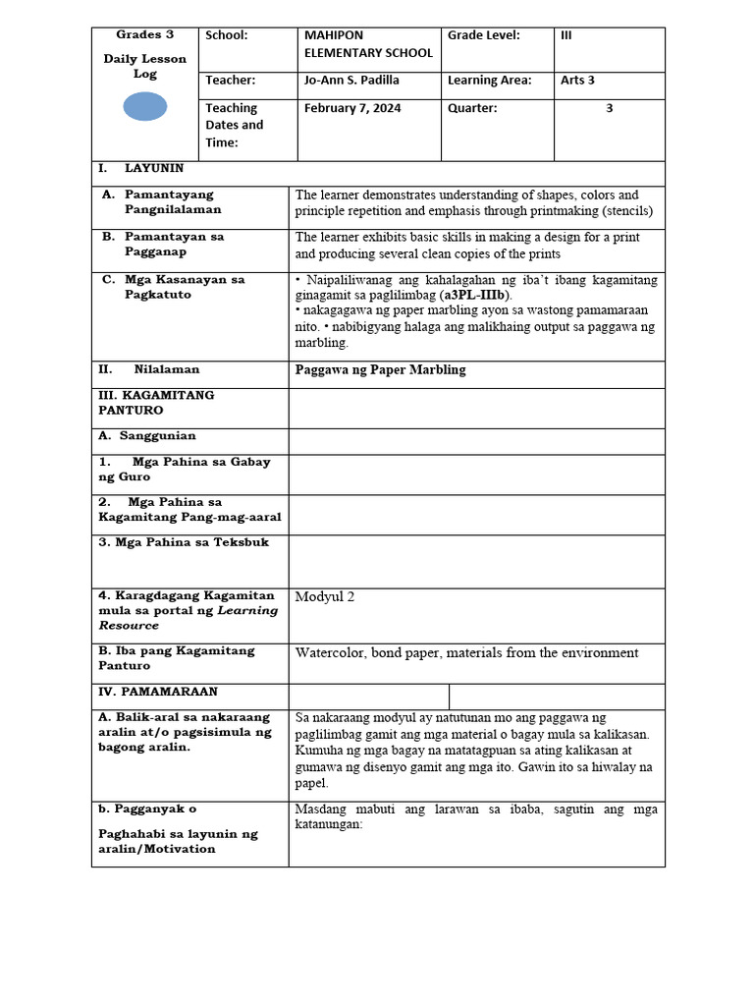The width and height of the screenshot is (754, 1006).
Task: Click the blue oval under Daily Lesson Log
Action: (x=144, y=105)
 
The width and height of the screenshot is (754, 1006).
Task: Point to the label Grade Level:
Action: (x=483, y=35)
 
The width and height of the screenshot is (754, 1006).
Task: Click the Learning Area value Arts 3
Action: (x=577, y=81)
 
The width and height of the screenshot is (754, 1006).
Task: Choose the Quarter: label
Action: (x=472, y=108)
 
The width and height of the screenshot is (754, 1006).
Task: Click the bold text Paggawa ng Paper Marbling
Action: (x=380, y=370)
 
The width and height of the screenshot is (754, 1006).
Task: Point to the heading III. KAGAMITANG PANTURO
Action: (x=156, y=403)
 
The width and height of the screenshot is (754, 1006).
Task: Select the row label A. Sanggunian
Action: (x=151, y=435)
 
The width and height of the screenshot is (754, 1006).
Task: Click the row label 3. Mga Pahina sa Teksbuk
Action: (x=184, y=542)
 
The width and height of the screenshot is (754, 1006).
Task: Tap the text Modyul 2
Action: (x=325, y=597)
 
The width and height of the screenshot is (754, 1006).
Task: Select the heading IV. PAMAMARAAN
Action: (x=158, y=692)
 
